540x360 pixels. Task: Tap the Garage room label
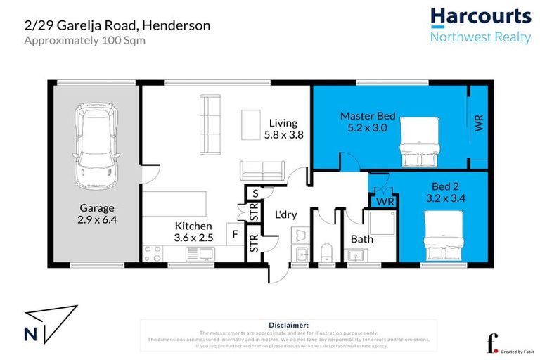pyautogui.click(x=96, y=208)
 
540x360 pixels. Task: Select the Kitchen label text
pyautogui.click(x=193, y=225)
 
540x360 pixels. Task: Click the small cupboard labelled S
pyautogui.click(x=254, y=193)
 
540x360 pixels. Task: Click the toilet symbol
pyautogui.click(x=326, y=252)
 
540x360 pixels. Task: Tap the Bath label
pyautogui.click(x=361, y=239)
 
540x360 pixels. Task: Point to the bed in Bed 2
pyautogui.click(x=444, y=236)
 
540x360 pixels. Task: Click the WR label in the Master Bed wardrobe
pyautogui.click(x=479, y=123)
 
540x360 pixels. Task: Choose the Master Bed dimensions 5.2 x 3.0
pyautogui.click(x=368, y=128)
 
